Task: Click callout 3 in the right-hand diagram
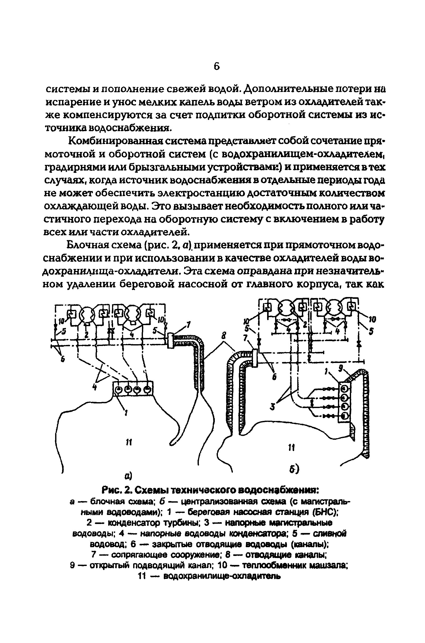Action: point(273,406)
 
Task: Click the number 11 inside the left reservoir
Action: point(129,442)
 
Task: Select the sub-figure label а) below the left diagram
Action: point(128,476)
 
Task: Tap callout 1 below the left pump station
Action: point(126,413)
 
